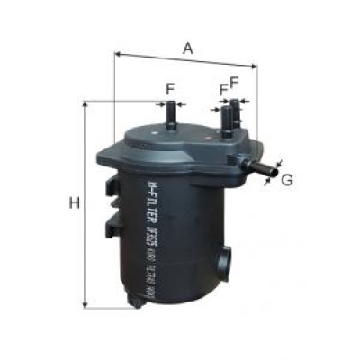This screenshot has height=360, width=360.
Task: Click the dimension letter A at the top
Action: pyautogui.click(x=187, y=49)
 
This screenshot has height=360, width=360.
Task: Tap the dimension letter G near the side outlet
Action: pyautogui.click(x=288, y=180)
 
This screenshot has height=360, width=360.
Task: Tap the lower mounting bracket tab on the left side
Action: pyautogui.click(x=112, y=224)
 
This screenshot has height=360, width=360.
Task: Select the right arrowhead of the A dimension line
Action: pyautogui.click(x=255, y=66)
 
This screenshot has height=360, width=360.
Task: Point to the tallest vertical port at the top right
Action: pyautogui.click(x=237, y=113)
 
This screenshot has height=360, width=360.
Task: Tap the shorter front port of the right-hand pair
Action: pyautogui.click(x=225, y=121)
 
